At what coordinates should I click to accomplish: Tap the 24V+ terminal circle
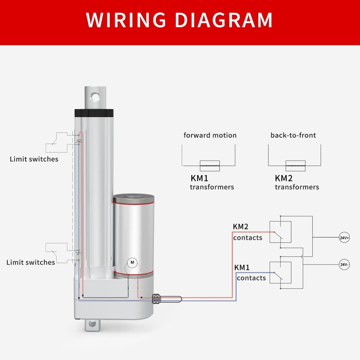click(x=344, y=237)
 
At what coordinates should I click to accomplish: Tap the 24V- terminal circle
click(x=344, y=265)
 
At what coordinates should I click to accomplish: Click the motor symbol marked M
click(x=132, y=262)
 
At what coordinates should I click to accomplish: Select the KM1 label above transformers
click(x=199, y=178)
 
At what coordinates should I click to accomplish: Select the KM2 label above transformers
click(x=284, y=178)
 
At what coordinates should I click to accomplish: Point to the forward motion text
click(x=210, y=135)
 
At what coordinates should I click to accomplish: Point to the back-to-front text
click(x=293, y=135)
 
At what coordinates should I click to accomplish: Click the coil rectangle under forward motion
click(x=210, y=164)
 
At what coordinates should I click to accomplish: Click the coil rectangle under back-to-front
click(x=296, y=164)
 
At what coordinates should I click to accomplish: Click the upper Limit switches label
click(x=34, y=159)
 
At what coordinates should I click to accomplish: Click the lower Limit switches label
click(x=31, y=262)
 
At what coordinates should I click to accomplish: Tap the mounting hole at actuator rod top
click(x=94, y=96)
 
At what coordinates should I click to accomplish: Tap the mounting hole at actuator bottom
click(x=93, y=324)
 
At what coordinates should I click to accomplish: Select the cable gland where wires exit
click(x=157, y=298)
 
